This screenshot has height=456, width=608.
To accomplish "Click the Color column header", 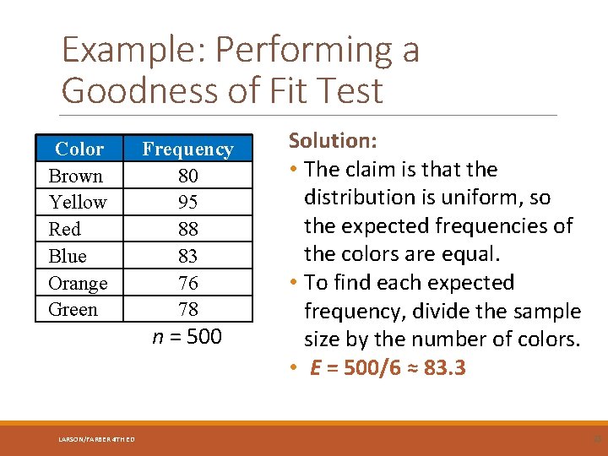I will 79,149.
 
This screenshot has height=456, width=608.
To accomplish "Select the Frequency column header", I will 187,149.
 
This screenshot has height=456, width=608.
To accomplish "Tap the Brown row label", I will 76,176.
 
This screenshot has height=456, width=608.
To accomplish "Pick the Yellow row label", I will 78,203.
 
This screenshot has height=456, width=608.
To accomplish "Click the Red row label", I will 65,229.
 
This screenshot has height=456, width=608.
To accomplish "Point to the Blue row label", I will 68,256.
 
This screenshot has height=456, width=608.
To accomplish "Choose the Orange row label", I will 78,283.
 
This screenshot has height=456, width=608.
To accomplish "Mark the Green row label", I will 73,309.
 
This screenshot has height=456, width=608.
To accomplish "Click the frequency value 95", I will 187,203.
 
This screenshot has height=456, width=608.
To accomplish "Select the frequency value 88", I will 187,229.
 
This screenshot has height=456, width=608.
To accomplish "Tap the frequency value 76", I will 187,283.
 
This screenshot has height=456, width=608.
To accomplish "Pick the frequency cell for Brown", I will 187,176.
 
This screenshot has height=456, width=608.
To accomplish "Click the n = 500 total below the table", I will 187,337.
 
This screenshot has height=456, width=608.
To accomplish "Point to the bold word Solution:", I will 333,140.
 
